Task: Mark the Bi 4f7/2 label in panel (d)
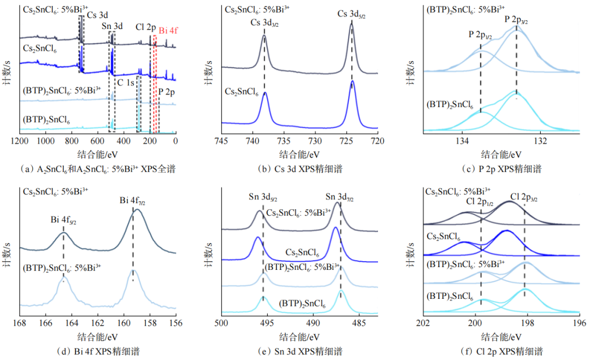(x=132, y=202)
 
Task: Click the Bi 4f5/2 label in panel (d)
(x=63, y=221)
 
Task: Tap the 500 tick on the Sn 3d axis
(x=221, y=323)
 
